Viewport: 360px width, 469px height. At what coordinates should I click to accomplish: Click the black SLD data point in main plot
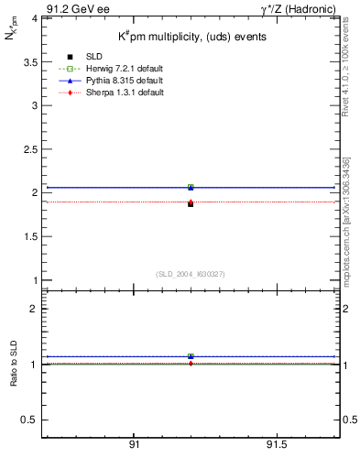point(191,203)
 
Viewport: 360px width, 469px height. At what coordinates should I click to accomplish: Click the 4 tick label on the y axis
point(34,17)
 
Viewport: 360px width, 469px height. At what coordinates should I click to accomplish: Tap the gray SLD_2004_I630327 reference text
point(191,274)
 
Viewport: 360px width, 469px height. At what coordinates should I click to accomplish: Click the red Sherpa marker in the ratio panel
point(191,364)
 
